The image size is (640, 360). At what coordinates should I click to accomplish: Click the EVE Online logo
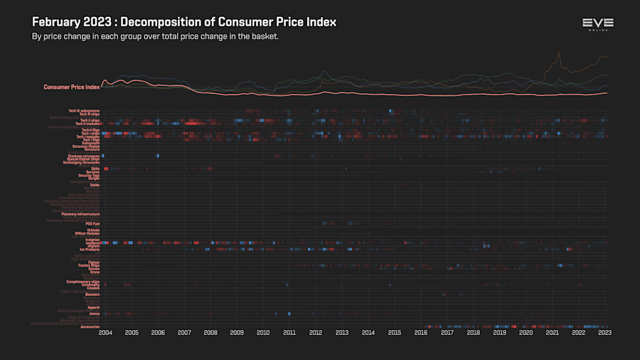point(597,24)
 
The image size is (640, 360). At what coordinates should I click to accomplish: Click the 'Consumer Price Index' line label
point(71,87)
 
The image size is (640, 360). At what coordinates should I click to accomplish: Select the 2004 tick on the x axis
point(105,332)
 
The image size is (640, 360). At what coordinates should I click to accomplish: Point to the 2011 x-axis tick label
point(289,332)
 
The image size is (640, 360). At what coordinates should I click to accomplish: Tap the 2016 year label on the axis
point(421,332)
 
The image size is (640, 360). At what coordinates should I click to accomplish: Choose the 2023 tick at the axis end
point(604,332)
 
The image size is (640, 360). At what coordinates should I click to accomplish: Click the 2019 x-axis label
point(500,332)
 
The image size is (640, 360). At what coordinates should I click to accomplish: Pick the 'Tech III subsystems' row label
point(84,110)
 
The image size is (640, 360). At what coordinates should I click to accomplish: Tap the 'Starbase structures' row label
point(84,155)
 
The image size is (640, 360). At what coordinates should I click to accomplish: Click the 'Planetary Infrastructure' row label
point(80,214)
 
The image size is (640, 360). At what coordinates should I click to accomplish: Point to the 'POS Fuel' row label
point(92,223)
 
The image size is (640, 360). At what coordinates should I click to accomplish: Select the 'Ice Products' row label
point(90,250)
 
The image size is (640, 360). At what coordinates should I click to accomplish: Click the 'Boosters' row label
point(92,294)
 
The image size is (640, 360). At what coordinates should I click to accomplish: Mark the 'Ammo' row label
point(95,313)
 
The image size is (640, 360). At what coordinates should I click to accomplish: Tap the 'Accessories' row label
point(90,327)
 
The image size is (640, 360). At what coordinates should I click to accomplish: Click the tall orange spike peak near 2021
point(559,52)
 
